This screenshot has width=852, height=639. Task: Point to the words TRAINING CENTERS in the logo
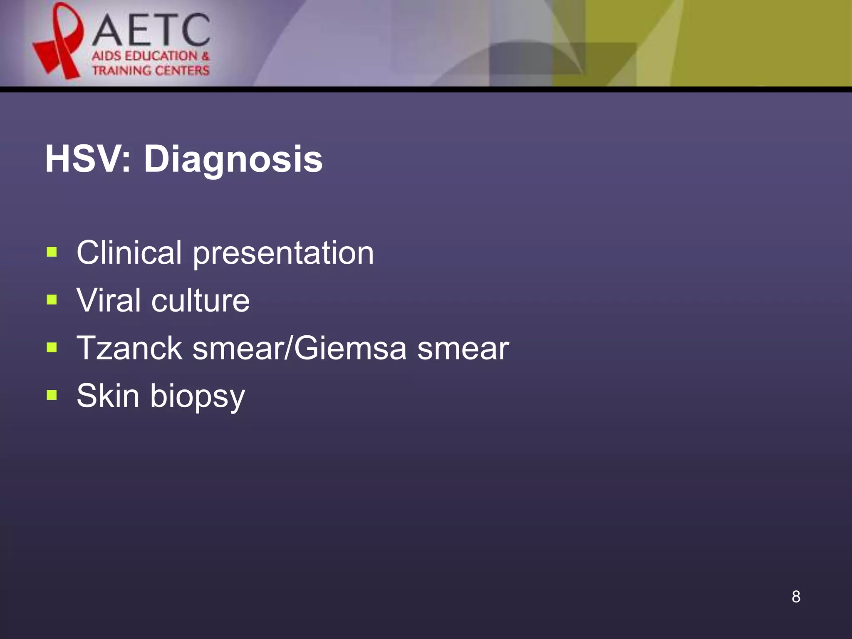[151, 70]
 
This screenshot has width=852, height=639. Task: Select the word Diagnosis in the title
[233, 160]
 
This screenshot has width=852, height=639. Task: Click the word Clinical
[129, 253]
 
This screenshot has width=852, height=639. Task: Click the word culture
[201, 301]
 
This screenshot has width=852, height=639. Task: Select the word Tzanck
[129, 348]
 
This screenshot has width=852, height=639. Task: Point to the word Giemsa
[350, 348]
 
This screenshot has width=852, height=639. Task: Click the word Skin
[108, 395]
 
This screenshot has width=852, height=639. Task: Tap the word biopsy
[198, 397]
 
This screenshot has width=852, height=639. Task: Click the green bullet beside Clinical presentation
[52, 252]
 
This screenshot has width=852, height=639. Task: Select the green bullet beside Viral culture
[52, 300]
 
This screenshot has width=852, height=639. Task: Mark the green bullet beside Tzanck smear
[52, 347]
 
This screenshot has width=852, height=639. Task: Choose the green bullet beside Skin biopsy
[52, 395]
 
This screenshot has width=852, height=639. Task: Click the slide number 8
[796, 597]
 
